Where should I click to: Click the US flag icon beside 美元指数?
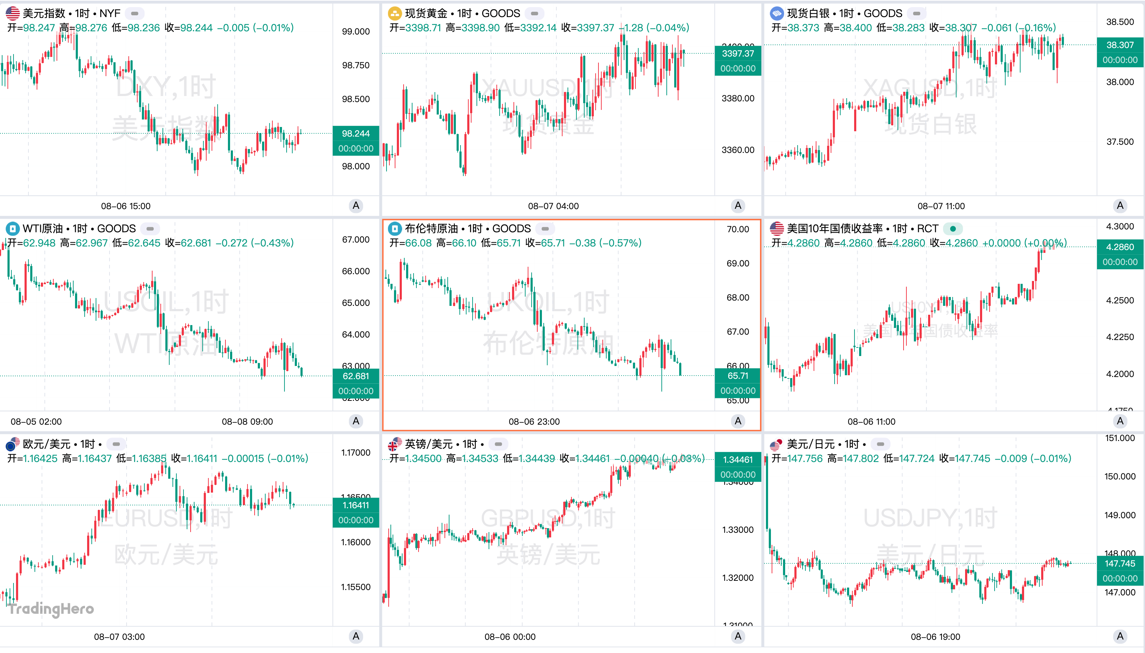coord(12,14)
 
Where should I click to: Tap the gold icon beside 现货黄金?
coord(394,14)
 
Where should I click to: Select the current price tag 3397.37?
coord(737,54)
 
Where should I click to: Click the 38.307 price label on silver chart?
coord(1119,45)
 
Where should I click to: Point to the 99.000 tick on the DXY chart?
coord(356,31)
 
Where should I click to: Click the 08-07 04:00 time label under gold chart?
coord(553,206)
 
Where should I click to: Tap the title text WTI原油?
coord(43,229)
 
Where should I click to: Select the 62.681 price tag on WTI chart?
coord(356,376)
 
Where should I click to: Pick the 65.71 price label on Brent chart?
coord(737,376)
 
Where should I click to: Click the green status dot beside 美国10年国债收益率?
coord(953,229)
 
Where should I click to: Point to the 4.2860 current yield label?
coord(1119,247)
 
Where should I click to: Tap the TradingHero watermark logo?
coord(51,609)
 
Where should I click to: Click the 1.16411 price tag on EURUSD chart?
coord(356,505)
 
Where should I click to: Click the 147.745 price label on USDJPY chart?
coord(1119,564)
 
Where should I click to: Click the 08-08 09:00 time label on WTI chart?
coord(247,421)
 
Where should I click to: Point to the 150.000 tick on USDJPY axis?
coord(1119,476)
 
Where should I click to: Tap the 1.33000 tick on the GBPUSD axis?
coord(737,530)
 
